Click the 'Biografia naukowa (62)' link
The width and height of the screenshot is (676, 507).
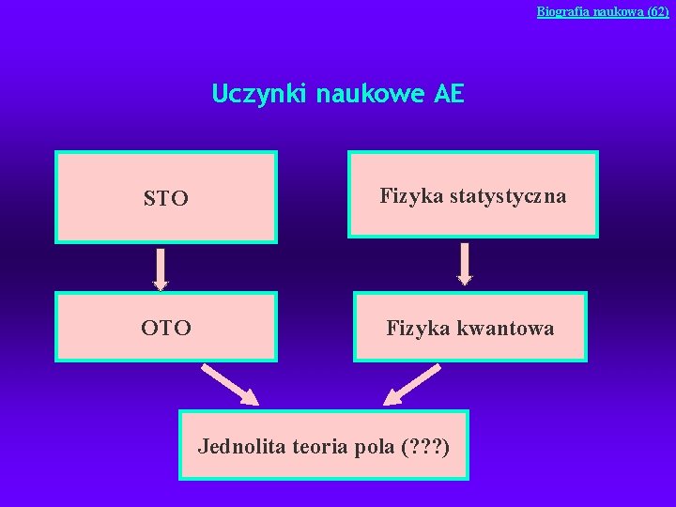(x=602, y=11)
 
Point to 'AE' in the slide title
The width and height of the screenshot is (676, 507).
(x=449, y=95)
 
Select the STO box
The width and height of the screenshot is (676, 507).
(x=166, y=197)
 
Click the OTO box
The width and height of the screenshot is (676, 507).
(x=166, y=327)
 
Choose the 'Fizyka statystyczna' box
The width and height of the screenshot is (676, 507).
(x=472, y=195)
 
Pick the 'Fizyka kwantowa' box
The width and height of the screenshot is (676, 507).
(x=469, y=327)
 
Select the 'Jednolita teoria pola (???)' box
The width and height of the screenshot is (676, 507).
(x=323, y=445)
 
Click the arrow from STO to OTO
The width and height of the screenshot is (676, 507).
(x=161, y=269)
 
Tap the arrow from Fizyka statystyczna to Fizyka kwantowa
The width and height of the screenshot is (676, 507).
(x=465, y=264)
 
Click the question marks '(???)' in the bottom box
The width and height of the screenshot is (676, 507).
(x=424, y=445)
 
